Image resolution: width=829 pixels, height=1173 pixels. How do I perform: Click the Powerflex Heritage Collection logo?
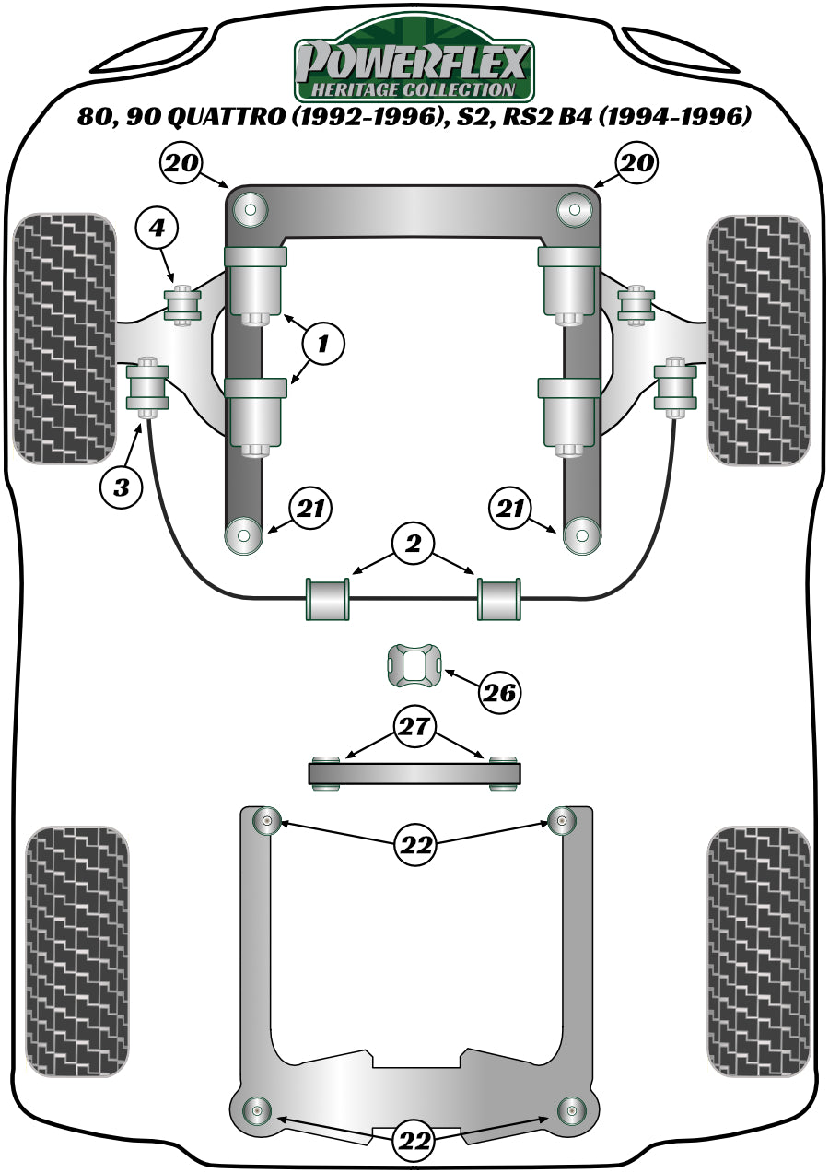413,61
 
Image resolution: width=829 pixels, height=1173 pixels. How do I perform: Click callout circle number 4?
156,228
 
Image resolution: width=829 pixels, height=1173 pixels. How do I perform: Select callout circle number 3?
122,487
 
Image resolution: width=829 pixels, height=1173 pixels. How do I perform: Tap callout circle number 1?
322,345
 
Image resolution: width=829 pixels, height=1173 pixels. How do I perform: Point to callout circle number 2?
412,545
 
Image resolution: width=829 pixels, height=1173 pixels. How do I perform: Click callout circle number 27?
414,727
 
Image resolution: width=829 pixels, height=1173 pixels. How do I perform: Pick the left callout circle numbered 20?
182,164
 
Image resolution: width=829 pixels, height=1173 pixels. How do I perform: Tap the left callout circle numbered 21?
310,509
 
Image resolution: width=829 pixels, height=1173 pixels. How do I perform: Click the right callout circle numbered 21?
511,509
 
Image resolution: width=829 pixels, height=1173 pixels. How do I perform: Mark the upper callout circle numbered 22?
414,843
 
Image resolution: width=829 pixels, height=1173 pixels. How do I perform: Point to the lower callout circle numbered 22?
414,1143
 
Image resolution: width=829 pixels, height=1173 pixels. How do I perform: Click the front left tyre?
64,339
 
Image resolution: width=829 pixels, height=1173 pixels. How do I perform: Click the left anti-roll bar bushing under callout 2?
330,598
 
